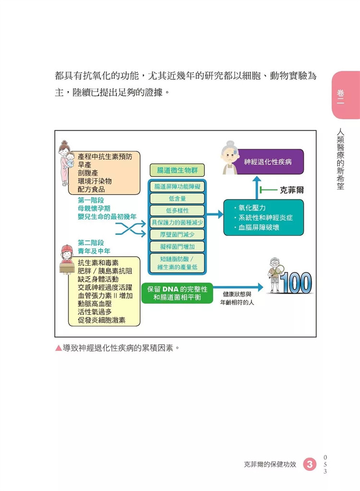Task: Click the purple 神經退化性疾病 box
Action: (267, 161)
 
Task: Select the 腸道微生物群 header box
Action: (177, 170)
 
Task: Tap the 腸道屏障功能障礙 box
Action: (177, 186)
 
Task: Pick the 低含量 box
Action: (177, 198)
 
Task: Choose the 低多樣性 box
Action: (177, 210)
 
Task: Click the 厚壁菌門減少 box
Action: (177, 234)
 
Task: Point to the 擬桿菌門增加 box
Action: (177, 246)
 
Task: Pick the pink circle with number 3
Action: (310, 464)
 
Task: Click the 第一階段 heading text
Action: (91, 200)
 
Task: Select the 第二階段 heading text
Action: (91, 243)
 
